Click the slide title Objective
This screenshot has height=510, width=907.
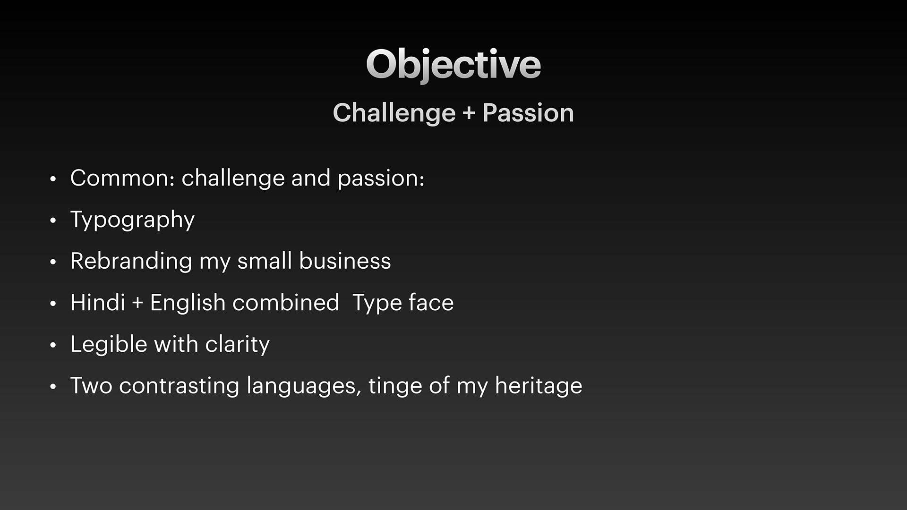[x=453, y=65]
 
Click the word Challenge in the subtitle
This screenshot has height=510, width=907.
[x=394, y=114]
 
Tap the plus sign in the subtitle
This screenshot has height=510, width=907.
[x=469, y=114]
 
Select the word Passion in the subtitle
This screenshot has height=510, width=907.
[x=528, y=113]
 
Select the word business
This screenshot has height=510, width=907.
[x=345, y=261]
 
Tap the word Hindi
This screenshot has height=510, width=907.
[x=97, y=302]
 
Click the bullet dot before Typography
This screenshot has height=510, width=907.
[x=53, y=221]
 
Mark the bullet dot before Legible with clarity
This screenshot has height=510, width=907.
[x=53, y=345]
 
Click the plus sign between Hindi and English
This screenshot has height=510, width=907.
[x=137, y=303]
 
